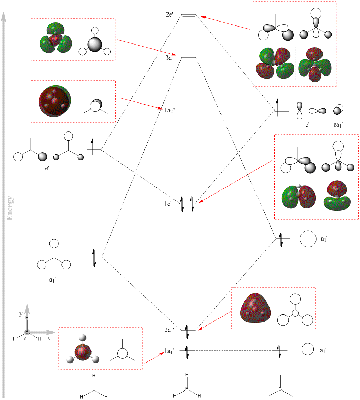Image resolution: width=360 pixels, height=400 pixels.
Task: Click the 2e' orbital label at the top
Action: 169,14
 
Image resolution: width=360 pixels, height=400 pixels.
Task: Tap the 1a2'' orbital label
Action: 170,111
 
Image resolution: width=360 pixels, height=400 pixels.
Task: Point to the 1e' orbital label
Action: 167,204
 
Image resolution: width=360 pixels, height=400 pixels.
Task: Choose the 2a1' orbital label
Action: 169,330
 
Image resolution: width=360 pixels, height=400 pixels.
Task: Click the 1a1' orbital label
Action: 169,351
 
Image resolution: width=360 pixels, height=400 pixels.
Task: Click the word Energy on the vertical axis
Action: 10,208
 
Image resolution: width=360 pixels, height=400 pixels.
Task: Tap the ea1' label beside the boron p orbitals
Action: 338,125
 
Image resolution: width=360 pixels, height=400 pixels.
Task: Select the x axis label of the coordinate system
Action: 49,338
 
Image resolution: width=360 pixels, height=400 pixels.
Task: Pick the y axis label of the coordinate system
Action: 21,314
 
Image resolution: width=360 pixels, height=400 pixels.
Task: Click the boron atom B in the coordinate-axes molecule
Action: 27,332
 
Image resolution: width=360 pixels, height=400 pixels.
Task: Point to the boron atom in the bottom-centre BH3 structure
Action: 187,389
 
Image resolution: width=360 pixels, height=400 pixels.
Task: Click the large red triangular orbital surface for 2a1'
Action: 255,308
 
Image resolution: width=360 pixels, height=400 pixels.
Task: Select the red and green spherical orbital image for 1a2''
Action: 55,101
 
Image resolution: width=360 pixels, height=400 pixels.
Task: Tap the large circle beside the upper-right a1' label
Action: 308,239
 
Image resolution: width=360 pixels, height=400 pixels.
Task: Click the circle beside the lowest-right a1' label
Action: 308,349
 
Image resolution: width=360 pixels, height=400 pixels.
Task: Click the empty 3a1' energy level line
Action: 189,57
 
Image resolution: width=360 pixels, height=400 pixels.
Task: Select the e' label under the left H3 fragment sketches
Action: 47,168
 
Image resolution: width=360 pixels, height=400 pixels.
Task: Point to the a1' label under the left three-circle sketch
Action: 52,280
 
